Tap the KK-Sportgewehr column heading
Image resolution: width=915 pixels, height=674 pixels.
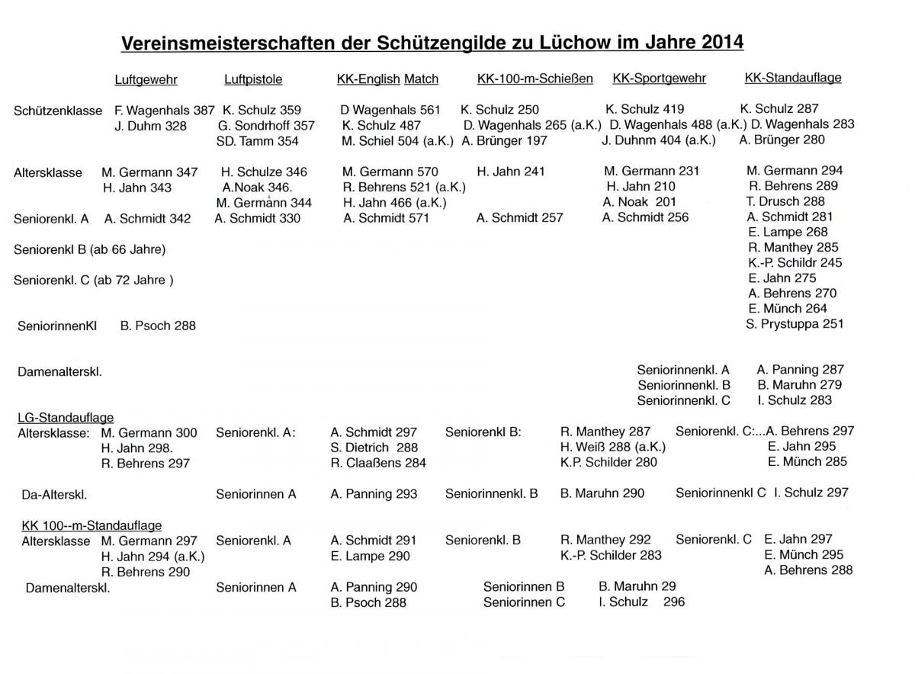pos(659,79)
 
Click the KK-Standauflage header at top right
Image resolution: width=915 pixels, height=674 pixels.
pos(792,78)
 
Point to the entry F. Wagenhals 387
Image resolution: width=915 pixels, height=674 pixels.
pos(164,111)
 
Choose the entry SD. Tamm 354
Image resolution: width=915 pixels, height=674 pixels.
pos(258,141)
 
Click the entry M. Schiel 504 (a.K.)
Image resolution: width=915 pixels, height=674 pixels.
pos(397,140)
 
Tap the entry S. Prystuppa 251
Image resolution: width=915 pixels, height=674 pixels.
pos(795,324)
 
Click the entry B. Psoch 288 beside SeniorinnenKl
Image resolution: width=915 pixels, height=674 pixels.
pos(158,326)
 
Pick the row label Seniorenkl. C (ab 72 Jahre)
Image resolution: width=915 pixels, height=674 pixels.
pos(94,280)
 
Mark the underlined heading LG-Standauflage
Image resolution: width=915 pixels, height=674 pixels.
pos(66,417)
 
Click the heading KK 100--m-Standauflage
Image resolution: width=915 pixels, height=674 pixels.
pos(91,525)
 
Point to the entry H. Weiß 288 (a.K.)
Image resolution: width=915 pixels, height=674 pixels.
pos(612,447)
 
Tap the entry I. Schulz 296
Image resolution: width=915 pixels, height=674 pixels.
pos(642,602)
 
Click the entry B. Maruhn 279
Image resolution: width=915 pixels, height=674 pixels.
pos(799,385)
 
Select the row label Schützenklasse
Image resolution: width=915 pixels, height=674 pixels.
pos(58,111)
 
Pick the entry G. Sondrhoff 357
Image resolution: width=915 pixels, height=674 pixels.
pos(266,126)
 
